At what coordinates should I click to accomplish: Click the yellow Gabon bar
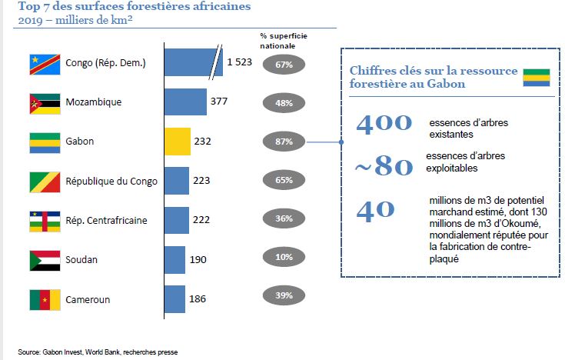[178, 142]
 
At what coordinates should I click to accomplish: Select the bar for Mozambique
[185, 102]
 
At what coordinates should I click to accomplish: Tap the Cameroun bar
[175, 298]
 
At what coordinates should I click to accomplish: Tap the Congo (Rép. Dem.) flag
[44, 62]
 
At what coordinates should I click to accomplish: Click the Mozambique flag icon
[44, 102]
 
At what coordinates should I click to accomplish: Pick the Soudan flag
[44, 259]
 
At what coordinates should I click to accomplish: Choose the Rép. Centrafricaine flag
[44, 220]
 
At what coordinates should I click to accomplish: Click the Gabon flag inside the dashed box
[536, 77]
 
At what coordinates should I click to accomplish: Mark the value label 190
[198, 259]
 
